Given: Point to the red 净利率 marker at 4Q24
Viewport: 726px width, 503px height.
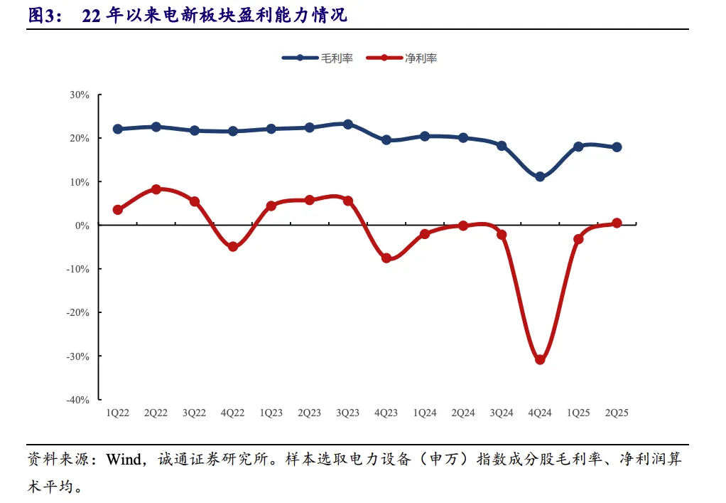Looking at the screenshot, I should pyautogui.click(x=540, y=359).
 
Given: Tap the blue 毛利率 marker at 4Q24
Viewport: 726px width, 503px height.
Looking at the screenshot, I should pyautogui.click(x=540, y=176).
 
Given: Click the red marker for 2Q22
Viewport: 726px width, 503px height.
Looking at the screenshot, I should pyautogui.click(x=156, y=189).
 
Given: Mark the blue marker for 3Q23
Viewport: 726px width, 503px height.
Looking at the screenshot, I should pyautogui.click(x=348, y=124).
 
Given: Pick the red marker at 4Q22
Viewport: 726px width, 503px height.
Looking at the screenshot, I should pyautogui.click(x=233, y=247).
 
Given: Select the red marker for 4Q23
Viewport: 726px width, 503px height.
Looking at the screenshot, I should pyautogui.click(x=386, y=258).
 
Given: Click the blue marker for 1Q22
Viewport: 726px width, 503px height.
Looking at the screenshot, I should pyautogui.click(x=118, y=129).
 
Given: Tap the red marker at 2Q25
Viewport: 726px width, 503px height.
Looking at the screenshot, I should pyautogui.click(x=617, y=223).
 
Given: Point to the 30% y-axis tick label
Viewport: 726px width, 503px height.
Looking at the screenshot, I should pyautogui.click(x=80, y=95).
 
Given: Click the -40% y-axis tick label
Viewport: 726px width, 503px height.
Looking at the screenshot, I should pyautogui.click(x=78, y=400).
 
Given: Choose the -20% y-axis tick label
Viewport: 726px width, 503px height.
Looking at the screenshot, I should pyautogui.click(x=78, y=312).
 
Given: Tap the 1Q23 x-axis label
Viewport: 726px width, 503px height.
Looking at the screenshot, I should pyautogui.click(x=271, y=413).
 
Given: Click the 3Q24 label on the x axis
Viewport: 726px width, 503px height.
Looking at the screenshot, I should pyautogui.click(x=502, y=413).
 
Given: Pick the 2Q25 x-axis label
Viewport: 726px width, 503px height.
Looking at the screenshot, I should pyautogui.click(x=617, y=413).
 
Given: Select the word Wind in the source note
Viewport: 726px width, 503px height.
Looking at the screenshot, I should pyautogui.click(x=124, y=459).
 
